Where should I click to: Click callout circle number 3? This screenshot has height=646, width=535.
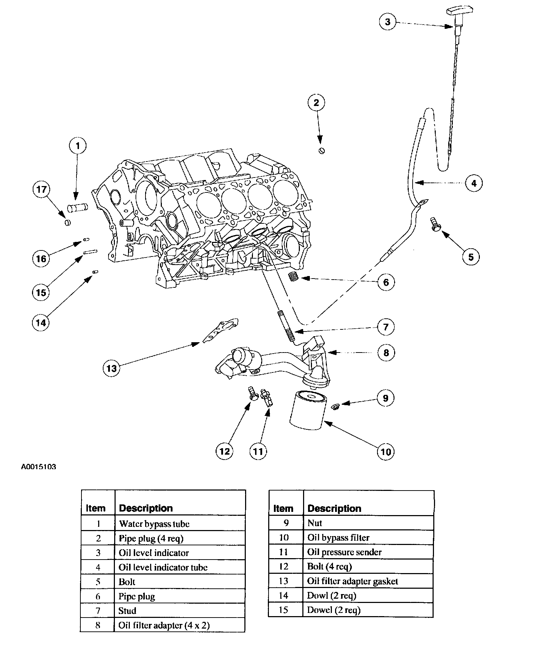click(387, 22)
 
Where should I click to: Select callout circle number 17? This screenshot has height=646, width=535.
click(42, 189)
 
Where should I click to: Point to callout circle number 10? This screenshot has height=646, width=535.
click(386, 451)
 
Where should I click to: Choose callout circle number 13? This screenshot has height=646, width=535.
click(112, 368)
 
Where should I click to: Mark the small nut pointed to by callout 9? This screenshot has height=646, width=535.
click(335, 406)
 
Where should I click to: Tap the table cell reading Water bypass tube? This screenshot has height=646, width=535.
click(154, 524)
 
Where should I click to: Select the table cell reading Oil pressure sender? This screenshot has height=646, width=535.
click(344, 552)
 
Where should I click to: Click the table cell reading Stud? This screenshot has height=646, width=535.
click(127, 611)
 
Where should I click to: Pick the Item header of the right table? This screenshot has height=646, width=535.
click(283, 508)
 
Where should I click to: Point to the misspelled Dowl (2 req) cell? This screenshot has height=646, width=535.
click(332, 595)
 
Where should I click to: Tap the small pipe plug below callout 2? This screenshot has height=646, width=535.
click(321, 151)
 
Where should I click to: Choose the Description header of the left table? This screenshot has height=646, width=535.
click(146, 508)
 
